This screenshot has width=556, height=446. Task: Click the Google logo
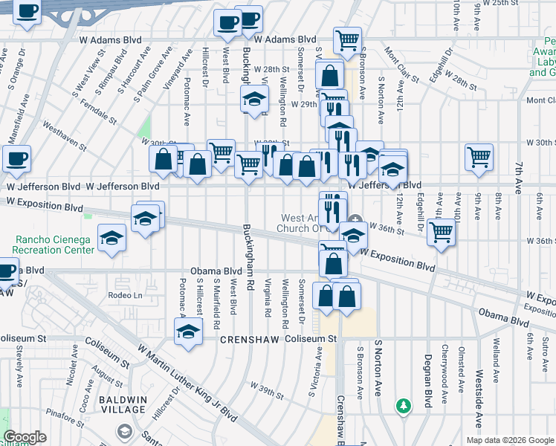click(x=25, y=437)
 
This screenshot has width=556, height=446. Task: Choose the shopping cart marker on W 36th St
click(x=442, y=231)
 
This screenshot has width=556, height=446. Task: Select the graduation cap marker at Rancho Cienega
click(x=111, y=238)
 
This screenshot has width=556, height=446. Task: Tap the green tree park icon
click(x=404, y=406)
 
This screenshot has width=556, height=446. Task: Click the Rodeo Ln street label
click(x=124, y=295)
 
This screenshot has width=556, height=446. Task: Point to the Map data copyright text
click(x=510, y=439)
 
